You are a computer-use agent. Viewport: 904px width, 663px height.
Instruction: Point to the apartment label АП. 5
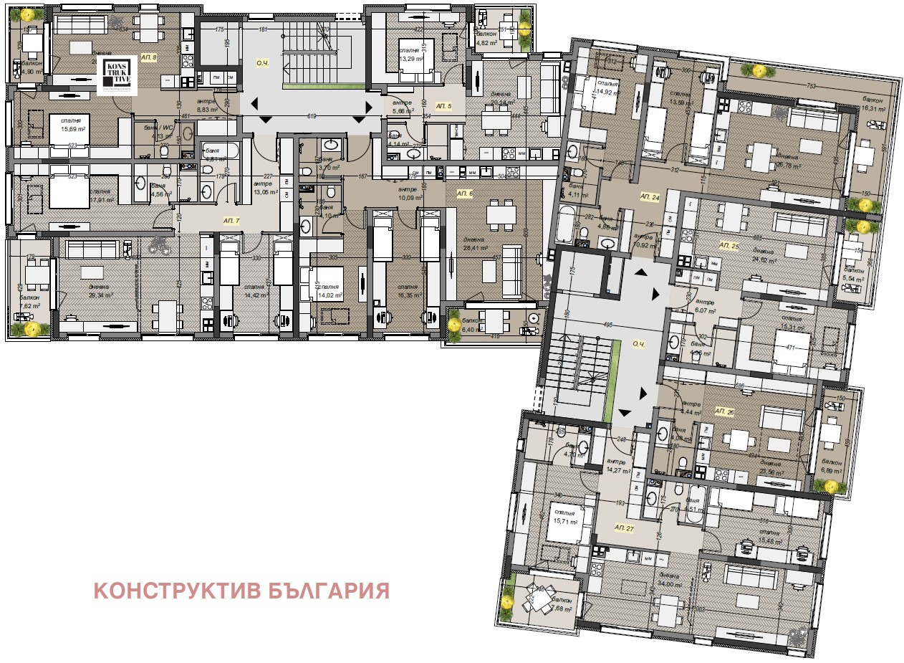pyautogui.click(x=444, y=106)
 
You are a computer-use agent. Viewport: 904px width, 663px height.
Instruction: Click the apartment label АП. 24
pyautogui.click(x=650, y=196)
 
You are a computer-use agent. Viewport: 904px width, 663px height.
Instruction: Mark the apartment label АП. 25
pyautogui.click(x=728, y=244)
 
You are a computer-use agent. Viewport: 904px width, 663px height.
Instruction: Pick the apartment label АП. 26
pyautogui.click(x=724, y=412)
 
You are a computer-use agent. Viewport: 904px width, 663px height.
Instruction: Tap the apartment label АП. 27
pyautogui.click(x=624, y=527)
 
